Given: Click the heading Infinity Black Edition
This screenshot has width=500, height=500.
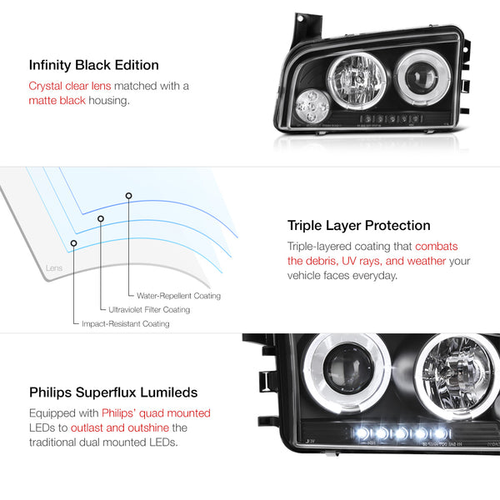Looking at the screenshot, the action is [x=93, y=65].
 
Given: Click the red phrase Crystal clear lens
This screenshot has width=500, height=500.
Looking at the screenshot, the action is [x=70, y=86].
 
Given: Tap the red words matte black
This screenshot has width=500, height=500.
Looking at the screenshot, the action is [x=57, y=101].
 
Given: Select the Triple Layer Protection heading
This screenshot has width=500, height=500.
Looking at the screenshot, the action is [x=358, y=226].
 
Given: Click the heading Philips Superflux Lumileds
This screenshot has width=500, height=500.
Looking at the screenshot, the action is [x=113, y=392].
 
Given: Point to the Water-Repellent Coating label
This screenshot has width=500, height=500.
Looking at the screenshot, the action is [x=178, y=296].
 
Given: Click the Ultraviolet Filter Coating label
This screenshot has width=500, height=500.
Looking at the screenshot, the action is [x=149, y=310].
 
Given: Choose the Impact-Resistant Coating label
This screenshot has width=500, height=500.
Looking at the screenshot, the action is [x=126, y=323].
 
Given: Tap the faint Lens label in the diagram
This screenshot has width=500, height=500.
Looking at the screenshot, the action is [x=54, y=268].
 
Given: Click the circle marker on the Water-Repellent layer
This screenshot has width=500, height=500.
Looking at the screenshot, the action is [x=128, y=196].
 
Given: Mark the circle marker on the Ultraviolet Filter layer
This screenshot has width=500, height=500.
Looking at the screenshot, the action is [x=101, y=218].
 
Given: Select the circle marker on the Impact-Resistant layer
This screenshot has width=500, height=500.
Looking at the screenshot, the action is [x=73, y=243].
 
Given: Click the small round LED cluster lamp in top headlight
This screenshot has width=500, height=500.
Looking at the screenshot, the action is [x=312, y=106].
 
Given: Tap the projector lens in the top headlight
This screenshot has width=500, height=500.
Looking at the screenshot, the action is [x=421, y=77].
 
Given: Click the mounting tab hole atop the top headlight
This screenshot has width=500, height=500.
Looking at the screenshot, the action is [x=300, y=18].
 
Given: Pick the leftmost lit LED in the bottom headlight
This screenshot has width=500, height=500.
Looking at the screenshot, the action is [x=362, y=433].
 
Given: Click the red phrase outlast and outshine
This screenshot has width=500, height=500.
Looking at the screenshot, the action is [x=120, y=427].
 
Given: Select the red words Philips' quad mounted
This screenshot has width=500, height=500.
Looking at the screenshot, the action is [x=157, y=413].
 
